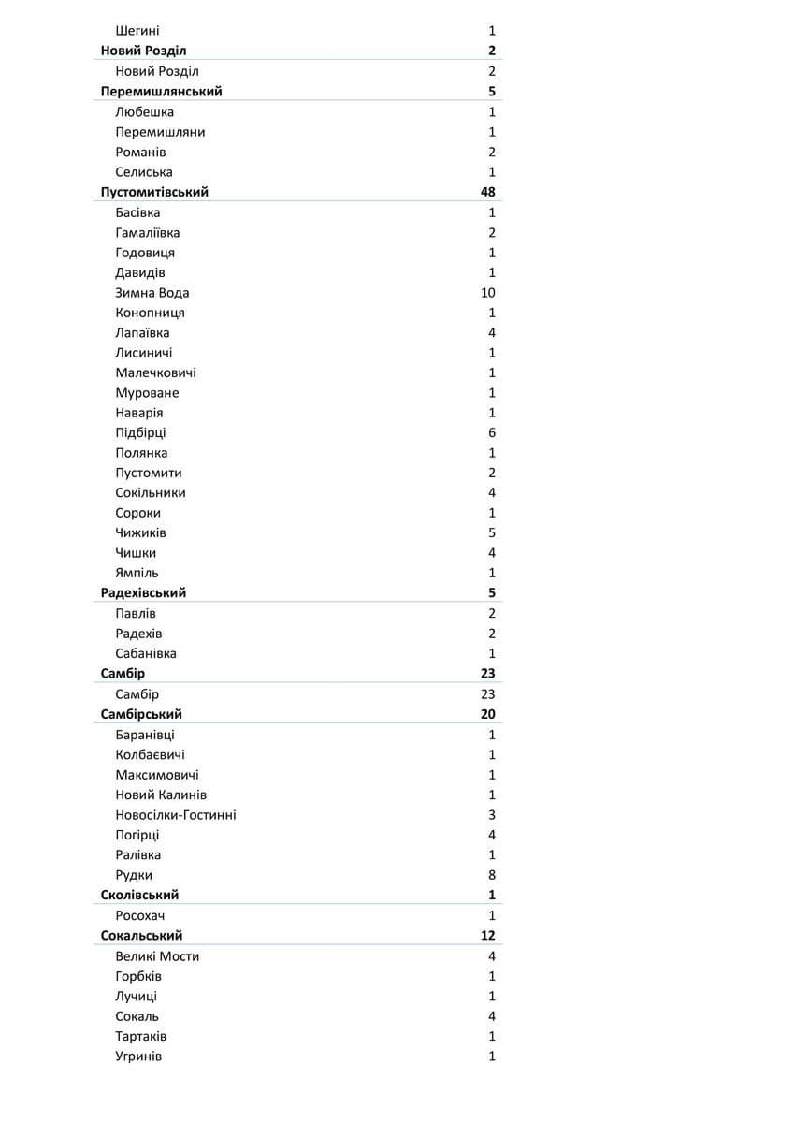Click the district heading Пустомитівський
coord(154,192)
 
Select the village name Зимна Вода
coord(152,293)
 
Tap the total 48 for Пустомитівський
coord(487,192)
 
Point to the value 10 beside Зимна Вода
coord(487,293)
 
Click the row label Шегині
coord(137,31)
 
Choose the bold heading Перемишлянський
coord(161,92)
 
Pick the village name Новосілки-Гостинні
coord(176,815)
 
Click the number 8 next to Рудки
coord(492,876)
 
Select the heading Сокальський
coord(142,936)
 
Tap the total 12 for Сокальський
coord(487,936)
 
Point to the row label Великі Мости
coord(157,956)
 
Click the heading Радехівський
coord(143,593)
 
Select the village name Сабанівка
coord(146,654)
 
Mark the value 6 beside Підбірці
coord(492,433)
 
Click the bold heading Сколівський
coord(139,896)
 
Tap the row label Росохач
coord(140,916)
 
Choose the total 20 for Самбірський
coord(487,715)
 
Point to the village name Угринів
coord(138,1057)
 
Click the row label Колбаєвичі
coord(150,755)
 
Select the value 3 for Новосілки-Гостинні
coord(492,815)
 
